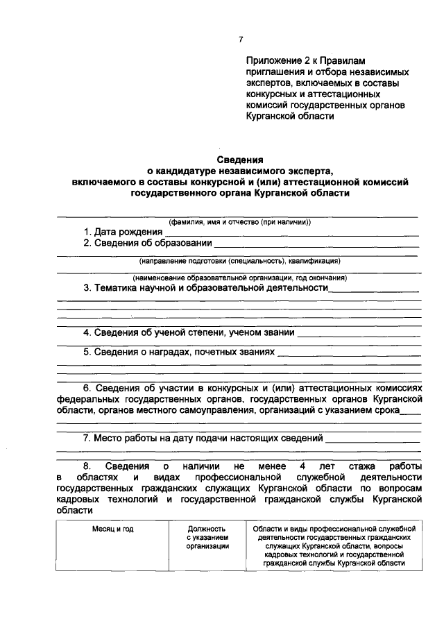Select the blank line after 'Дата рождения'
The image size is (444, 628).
tap(292, 235)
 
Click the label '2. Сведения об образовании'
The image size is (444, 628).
tap(148, 244)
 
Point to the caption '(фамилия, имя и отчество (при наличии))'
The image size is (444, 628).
tap(239, 223)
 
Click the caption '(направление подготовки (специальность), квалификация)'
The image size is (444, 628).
tap(239, 261)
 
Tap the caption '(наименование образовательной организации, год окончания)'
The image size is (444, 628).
tap(239, 278)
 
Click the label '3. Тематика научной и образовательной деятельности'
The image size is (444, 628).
tap(205, 287)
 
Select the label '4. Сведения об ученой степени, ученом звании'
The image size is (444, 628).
tap(189, 333)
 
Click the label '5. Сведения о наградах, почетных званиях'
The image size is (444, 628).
tap(179, 353)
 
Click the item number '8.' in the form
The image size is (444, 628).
tap(87, 467)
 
